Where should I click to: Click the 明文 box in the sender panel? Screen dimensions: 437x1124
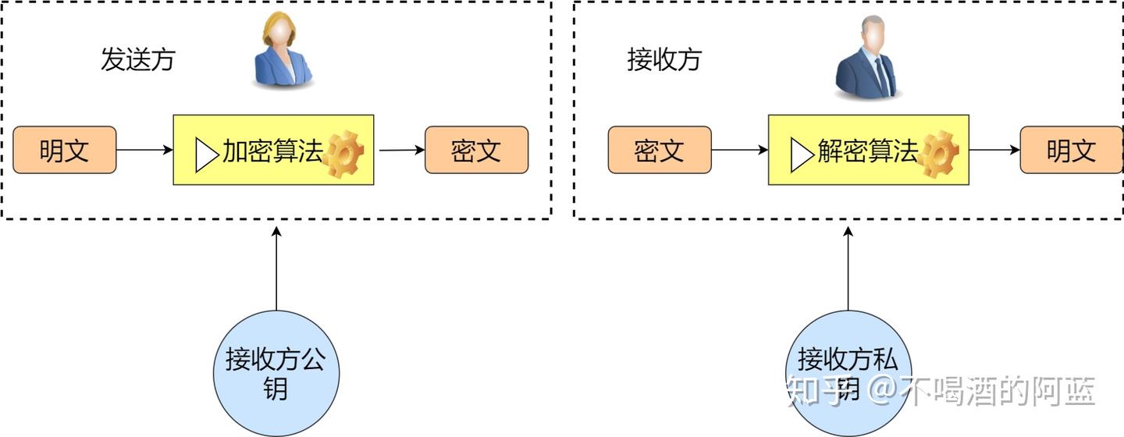pos(65,150)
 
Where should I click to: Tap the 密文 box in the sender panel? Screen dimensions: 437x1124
pos(476,150)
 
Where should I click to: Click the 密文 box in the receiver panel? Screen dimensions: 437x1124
pos(660,150)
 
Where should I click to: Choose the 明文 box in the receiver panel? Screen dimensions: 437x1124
pos(1071,150)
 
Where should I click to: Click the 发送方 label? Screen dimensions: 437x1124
pos(137,60)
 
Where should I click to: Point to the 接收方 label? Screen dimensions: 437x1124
pos(664,60)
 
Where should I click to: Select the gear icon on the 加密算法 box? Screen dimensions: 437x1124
pos(343,155)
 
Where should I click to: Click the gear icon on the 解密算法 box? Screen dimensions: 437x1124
pos(937,155)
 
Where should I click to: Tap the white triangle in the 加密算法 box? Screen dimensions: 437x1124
pos(206,155)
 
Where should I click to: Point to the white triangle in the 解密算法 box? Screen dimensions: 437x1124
pos(802,155)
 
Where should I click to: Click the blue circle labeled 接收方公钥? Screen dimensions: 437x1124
pos(276,373)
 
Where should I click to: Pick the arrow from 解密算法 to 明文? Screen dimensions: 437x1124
pos(994,150)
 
